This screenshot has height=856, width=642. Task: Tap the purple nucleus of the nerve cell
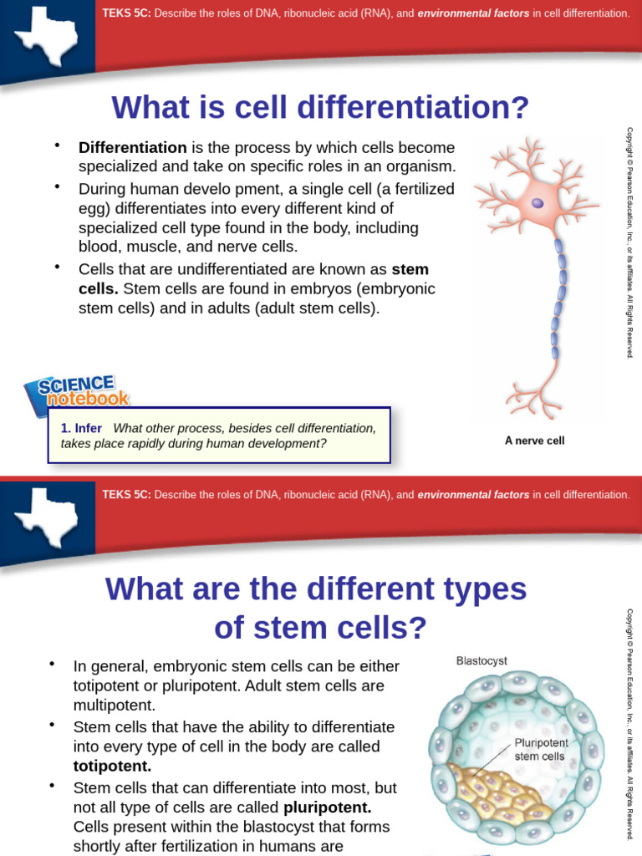538,203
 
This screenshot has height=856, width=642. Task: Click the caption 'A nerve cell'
534,441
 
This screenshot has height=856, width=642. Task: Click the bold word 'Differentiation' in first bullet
132,147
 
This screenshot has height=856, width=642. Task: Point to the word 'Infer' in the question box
88,428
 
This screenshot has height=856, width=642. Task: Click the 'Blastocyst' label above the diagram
481,660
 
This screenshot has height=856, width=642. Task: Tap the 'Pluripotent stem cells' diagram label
539,749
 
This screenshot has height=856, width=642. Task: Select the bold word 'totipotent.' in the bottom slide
112,766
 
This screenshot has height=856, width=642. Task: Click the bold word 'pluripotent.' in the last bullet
327,808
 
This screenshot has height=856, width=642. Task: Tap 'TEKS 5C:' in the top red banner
125,13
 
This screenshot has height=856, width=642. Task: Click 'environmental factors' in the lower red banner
473,495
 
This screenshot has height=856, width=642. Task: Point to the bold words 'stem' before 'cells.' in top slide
410,269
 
